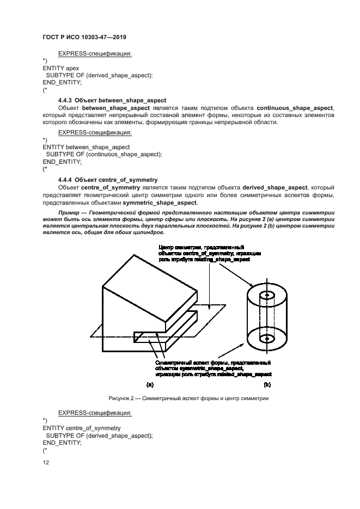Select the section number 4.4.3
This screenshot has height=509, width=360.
point(65,101)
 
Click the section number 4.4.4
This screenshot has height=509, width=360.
point(65,179)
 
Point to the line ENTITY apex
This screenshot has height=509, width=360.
point(60,68)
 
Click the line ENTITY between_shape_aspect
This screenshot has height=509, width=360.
point(86,147)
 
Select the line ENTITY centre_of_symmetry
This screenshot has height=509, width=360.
point(81,428)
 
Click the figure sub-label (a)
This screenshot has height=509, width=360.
point(150,384)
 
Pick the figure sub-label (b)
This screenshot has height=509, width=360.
point(267,384)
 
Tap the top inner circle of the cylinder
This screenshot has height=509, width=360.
point(266,295)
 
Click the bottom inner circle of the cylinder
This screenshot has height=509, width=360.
point(266,339)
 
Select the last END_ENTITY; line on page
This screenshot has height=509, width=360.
point(62,443)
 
